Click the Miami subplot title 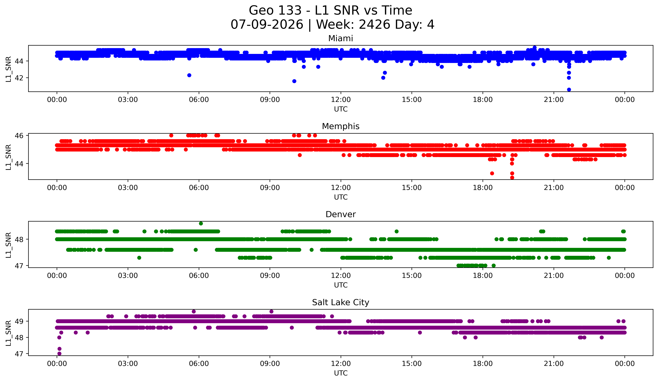pyautogui.click(x=341, y=38)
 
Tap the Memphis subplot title pyautogui.click(x=341, y=126)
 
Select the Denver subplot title pyautogui.click(x=341, y=214)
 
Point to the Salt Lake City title pyautogui.click(x=341, y=302)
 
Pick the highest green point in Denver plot pyautogui.click(x=201, y=224)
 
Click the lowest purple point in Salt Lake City pyautogui.click(x=59, y=354)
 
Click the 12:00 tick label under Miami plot pyautogui.click(x=341, y=100)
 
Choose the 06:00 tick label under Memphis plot pyautogui.click(x=199, y=188)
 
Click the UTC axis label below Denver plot pyautogui.click(x=341, y=285)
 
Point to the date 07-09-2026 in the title pyautogui.click(x=267, y=25)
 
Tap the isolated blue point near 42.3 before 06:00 pyautogui.click(x=189, y=75)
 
